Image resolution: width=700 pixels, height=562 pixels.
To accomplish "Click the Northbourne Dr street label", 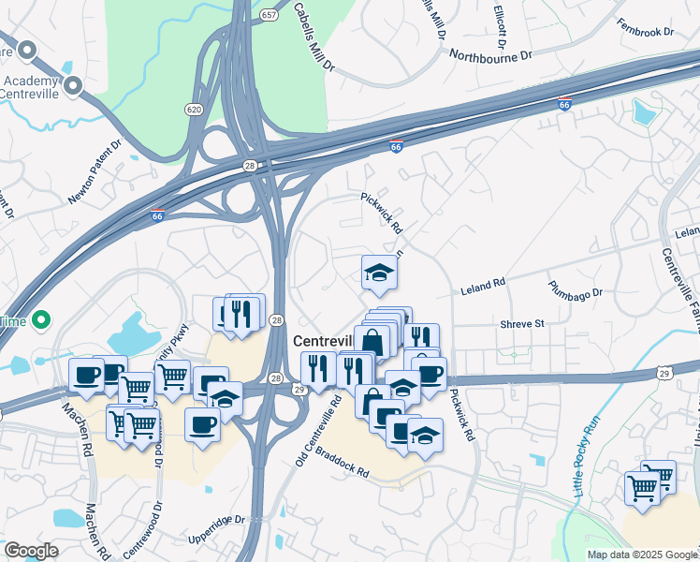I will click(x=490, y=55).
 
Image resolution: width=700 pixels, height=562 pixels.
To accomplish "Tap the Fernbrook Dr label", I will click(x=645, y=32).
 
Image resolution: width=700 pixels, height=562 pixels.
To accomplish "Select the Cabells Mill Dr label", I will click(x=314, y=37).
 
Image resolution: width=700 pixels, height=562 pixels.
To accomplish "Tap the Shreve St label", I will click(x=521, y=323).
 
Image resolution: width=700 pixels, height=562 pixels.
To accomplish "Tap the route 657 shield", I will click(x=270, y=16).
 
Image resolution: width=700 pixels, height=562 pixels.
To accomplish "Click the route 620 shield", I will click(x=194, y=110).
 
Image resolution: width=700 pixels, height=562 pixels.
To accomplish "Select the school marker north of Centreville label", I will click(x=379, y=272).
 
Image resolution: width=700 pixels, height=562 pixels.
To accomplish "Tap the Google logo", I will click(x=31, y=551).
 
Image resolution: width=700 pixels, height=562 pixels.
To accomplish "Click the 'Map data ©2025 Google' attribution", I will click(x=642, y=555).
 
